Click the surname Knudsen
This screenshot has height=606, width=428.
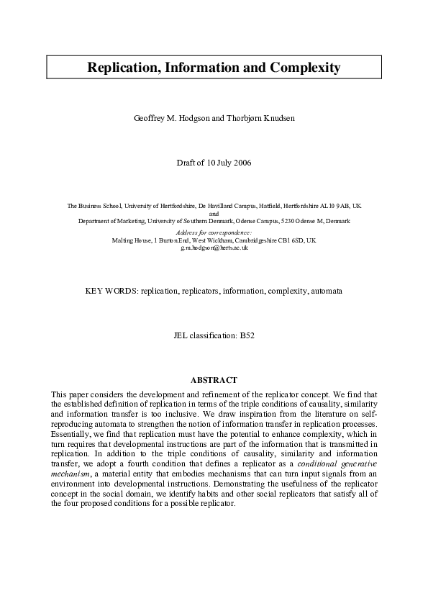270,118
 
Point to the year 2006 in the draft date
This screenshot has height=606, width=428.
241,163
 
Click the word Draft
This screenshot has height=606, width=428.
186,163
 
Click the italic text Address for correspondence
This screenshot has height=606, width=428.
214,232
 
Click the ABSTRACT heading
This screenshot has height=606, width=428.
214,379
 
